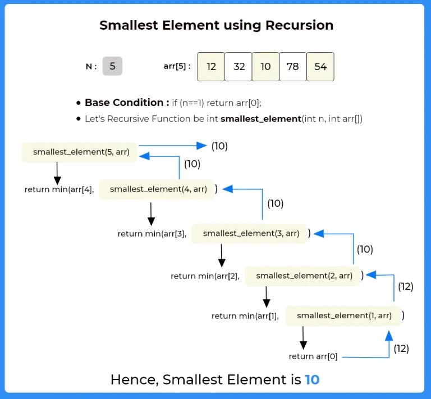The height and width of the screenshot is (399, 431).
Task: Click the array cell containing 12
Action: tap(212, 67)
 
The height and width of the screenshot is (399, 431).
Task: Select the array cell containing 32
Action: tap(239, 67)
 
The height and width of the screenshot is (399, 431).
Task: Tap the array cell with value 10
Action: tap(265, 67)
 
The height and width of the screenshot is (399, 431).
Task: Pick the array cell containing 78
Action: tap(293, 67)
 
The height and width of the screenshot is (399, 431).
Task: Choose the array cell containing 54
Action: tap(320, 67)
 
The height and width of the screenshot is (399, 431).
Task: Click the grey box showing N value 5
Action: tap(112, 66)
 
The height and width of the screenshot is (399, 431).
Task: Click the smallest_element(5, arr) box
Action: tap(80, 152)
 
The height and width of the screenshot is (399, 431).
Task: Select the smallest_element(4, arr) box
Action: tap(158, 189)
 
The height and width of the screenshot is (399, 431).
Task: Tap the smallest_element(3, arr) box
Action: tap(251, 233)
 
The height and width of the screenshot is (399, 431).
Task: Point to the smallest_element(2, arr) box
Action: tap(304, 276)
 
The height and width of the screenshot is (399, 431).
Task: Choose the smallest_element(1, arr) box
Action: tap(344, 316)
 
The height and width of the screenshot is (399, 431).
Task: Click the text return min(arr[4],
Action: tap(59, 189)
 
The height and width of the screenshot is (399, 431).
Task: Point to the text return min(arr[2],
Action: tap(205, 276)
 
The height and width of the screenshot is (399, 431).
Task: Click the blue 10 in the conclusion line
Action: tap(312, 379)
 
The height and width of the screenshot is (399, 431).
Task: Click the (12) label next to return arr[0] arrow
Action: tap(401, 349)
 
